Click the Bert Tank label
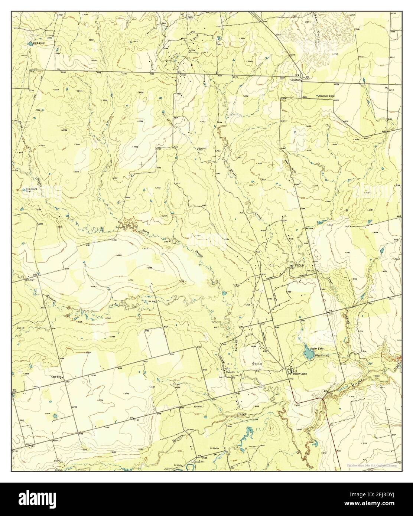click(39, 43)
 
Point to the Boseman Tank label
click(326, 96)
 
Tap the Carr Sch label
click(56, 376)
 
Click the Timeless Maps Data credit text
click(373, 465)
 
